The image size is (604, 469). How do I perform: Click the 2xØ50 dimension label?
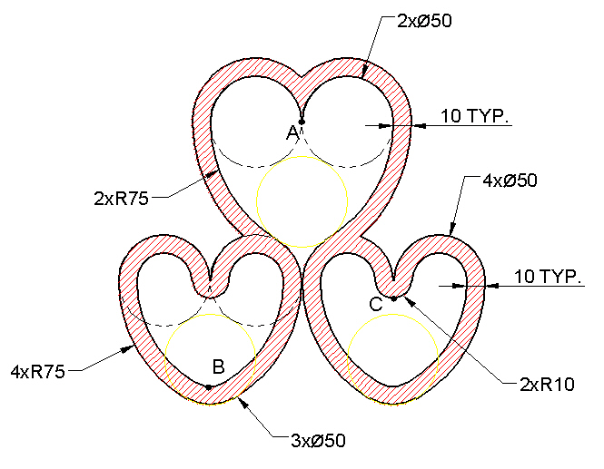tap(424, 21)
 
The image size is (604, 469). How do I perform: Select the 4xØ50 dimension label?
tap(510, 180)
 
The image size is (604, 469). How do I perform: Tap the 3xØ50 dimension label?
tap(318, 441)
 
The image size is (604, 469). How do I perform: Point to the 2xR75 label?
tap(121, 199)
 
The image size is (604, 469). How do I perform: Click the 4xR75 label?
tap(38, 372)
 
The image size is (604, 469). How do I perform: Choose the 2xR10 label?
tap(547, 385)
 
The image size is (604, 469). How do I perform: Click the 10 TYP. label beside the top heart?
tap(474, 116)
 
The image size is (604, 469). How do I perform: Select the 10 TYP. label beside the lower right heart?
tap(548, 277)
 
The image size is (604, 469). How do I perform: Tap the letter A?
tap(292, 133)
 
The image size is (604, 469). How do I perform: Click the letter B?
tap(218, 366)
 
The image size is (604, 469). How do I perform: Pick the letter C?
tap(376, 304)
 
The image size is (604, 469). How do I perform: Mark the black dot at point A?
tap(302, 122)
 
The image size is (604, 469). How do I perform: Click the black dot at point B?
tap(208, 387)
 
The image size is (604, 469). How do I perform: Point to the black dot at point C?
tap(393, 298)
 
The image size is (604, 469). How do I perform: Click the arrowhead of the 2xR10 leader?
tap(411, 302)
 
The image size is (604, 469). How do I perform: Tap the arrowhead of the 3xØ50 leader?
tap(243, 403)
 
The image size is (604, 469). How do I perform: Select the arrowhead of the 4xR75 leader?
tap(126, 349)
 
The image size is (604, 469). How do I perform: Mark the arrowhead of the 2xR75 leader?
tap(211, 175)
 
